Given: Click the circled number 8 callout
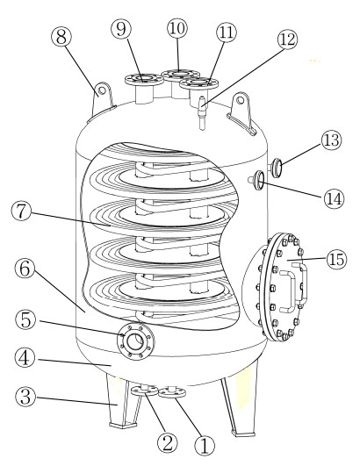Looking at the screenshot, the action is point(61,37).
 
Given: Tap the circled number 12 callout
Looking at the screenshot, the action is point(287,39).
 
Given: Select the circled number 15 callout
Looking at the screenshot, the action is point(337,259).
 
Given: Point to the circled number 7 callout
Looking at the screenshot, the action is point(21,211).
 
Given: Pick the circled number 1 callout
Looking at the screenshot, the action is point(205,446).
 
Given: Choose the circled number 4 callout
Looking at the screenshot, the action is point(25,358).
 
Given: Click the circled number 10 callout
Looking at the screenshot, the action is point(177,28).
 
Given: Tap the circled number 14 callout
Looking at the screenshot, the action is point(334,198).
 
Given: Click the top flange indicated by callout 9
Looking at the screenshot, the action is point(144,79).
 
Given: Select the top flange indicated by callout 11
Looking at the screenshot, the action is point(198,82).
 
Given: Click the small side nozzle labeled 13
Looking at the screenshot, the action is point(276,168).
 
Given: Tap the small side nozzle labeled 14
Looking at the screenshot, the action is point(257,180).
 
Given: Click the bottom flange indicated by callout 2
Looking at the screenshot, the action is point(145,391).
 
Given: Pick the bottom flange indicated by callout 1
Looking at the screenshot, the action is point(172,392).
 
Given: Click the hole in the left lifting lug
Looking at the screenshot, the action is point(102,90).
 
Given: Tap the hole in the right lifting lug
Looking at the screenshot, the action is point(241,100).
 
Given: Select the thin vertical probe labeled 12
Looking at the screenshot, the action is point(202,113).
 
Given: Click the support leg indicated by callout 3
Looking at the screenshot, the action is point(122,400).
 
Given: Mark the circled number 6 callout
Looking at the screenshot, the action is point(25,269).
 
